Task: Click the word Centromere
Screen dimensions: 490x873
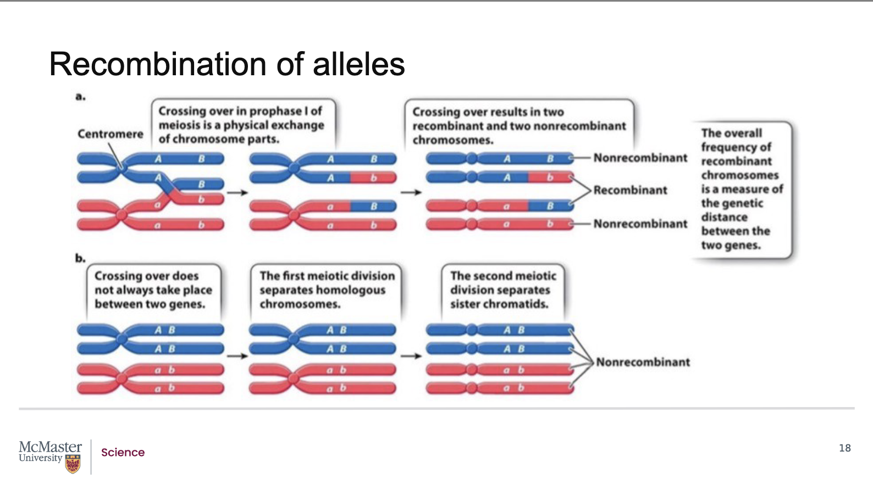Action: coord(110,134)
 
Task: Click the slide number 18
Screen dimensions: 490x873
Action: coord(844,448)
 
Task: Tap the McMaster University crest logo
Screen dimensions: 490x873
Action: coord(73,465)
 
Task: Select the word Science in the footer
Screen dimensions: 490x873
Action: coord(123,453)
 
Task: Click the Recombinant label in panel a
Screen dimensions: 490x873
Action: coord(630,191)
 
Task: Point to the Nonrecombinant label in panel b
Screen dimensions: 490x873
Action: coord(643,362)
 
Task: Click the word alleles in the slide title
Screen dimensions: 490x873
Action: coord(358,64)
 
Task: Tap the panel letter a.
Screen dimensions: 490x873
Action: coord(80,97)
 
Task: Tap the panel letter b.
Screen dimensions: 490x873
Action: coord(80,258)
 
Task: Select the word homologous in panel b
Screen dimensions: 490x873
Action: coord(349,290)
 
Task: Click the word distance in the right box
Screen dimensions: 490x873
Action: coord(724,218)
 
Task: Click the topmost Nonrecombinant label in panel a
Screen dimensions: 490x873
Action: coord(640,158)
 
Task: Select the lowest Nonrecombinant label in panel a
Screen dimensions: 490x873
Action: coord(640,224)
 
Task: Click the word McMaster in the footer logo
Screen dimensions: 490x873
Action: coord(50,447)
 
